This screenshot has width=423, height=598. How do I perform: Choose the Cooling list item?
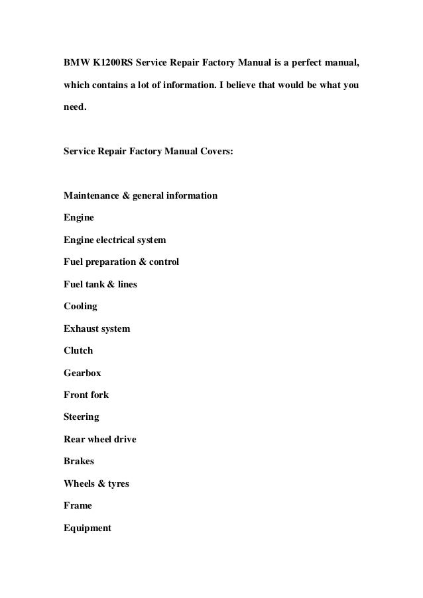[x=80, y=307]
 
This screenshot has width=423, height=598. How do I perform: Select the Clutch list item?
[x=78, y=350]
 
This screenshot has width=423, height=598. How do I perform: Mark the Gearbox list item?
[x=82, y=373]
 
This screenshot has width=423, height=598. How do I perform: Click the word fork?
[x=99, y=395]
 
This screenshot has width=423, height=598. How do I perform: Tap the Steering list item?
[x=82, y=417]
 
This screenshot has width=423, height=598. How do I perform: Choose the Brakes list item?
[x=79, y=461]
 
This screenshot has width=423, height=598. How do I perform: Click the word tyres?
[x=115, y=483]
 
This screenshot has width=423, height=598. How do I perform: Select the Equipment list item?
[x=88, y=528]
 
